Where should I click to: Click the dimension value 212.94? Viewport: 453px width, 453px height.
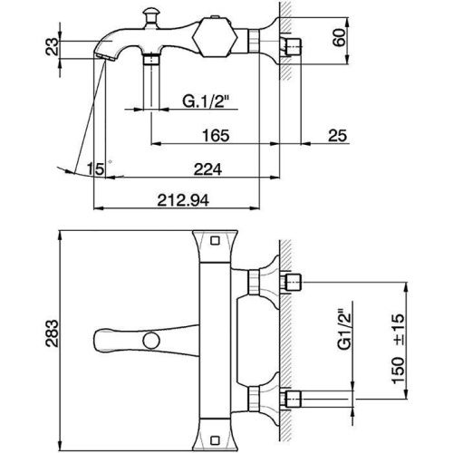[183, 200]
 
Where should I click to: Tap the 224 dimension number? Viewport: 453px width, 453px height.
[207, 169]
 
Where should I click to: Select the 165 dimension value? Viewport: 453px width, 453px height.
[216, 135]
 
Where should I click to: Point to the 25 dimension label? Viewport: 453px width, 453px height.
[338, 135]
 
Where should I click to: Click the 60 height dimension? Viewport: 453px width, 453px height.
[339, 37]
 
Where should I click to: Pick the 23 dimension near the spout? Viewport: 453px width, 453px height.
[53, 46]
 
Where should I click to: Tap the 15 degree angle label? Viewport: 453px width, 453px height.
[95, 169]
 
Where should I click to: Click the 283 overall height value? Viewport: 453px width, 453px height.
[52, 333]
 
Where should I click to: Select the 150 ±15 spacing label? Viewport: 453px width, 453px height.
[398, 349]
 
